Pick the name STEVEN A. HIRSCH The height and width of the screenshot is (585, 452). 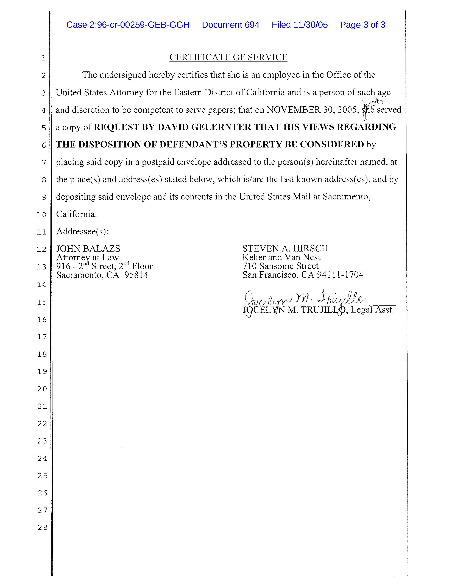[285, 249]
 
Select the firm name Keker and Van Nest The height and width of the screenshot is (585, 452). [281, 257]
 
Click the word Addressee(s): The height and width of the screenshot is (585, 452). [82, 231]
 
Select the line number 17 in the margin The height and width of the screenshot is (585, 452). [42, 337]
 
